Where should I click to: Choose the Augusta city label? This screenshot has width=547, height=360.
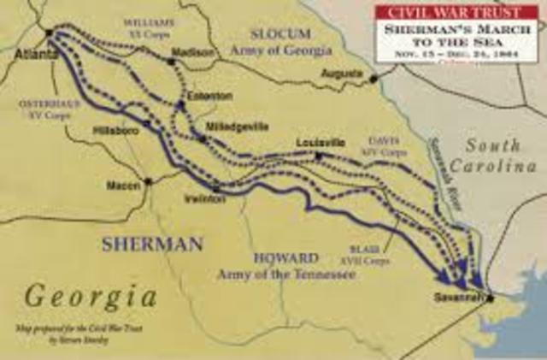coord(341,74)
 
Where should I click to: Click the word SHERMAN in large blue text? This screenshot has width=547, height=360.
coord(152,244)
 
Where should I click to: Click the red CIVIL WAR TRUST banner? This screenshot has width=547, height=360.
coord(456,12)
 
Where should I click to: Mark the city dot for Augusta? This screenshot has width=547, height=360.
coord(373,79)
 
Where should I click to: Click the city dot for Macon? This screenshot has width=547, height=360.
coord(148,181)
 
